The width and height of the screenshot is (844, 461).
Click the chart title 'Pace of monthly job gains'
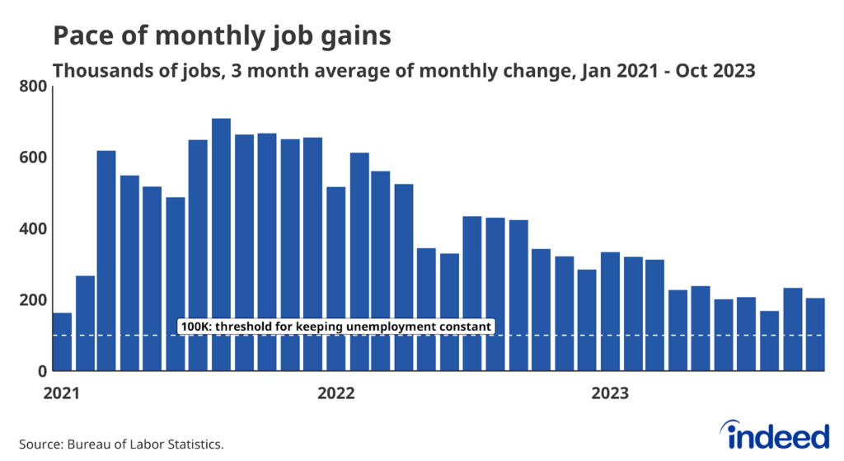[x=222, y=35]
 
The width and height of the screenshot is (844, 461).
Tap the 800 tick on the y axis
[x=32, y=86]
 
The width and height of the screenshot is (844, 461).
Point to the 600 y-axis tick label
[x=32, y=158]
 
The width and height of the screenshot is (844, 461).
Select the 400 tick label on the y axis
[x=32, y=228]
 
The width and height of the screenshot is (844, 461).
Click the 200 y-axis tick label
[x=32, y=300]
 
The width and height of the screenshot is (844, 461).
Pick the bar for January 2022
[x=335, y=280]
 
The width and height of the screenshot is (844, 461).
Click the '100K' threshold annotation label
[x=335, y=327]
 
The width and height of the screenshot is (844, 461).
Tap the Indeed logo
[x=774, y=434]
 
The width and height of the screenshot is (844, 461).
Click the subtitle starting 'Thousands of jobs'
[x=404, y=71]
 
